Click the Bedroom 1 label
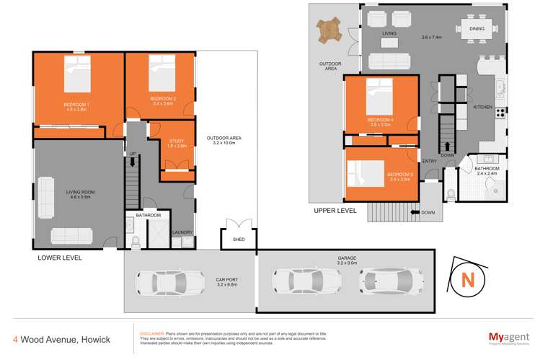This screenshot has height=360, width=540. [77, 105]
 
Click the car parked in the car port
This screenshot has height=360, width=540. [166, 281]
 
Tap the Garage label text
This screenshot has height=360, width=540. [347, 257]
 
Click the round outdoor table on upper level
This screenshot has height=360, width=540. [330, 30]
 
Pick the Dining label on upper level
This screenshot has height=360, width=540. [477, 29]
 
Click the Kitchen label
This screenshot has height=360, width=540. [482, 107]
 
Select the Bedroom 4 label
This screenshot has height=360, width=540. [380, 119]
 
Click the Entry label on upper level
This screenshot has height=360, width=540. [429, 161]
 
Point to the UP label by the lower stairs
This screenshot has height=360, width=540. [133, 154]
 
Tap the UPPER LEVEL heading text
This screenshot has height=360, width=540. [335, 211]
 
